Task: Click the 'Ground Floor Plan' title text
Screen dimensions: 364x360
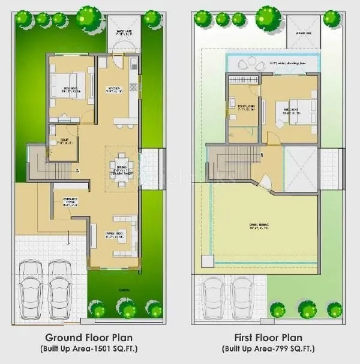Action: click(90, 338)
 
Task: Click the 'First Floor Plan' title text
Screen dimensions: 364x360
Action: click(271, 338)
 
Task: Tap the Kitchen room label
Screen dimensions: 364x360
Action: click(114, 90)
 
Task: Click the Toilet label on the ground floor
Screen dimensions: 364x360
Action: click(63, 142)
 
